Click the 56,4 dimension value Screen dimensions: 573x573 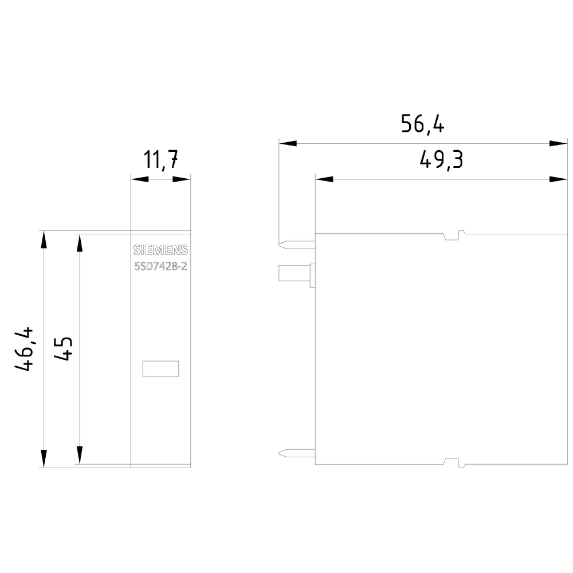click(x=422, y=124)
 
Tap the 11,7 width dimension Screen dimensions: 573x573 click(x=160, y=160)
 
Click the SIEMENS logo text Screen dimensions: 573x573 click(x=160, y=250)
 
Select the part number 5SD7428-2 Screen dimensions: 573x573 click(x=160, y=267)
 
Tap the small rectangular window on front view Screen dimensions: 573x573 click(x=160, y=369)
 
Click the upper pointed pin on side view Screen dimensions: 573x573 click(x=296, y=245)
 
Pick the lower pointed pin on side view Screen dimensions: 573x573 click(x=296, y=453)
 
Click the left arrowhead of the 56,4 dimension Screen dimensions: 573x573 click(x=287, y=143)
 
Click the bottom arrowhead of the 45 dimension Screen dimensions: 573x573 click(x=80, y=456)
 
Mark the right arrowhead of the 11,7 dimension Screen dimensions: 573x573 click(x=182, y=179)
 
